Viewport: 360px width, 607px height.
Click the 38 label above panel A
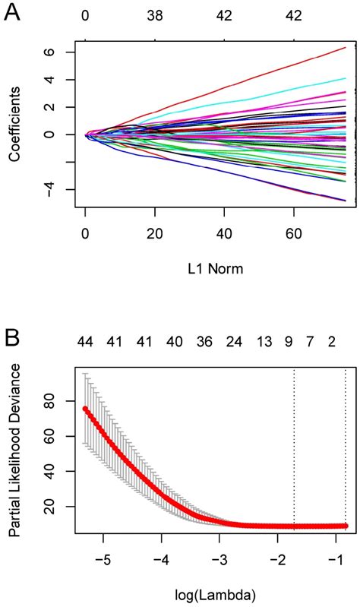coord(155,14)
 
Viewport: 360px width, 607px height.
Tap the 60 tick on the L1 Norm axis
coord(293,233)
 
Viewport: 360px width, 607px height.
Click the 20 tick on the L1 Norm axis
coord(155,233)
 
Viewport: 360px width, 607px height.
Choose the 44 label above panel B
coord(86,343)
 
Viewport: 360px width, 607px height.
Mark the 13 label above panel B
coord(264,343)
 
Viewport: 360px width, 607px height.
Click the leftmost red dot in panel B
coord(85,409)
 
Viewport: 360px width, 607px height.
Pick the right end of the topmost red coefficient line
coord(346,47)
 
